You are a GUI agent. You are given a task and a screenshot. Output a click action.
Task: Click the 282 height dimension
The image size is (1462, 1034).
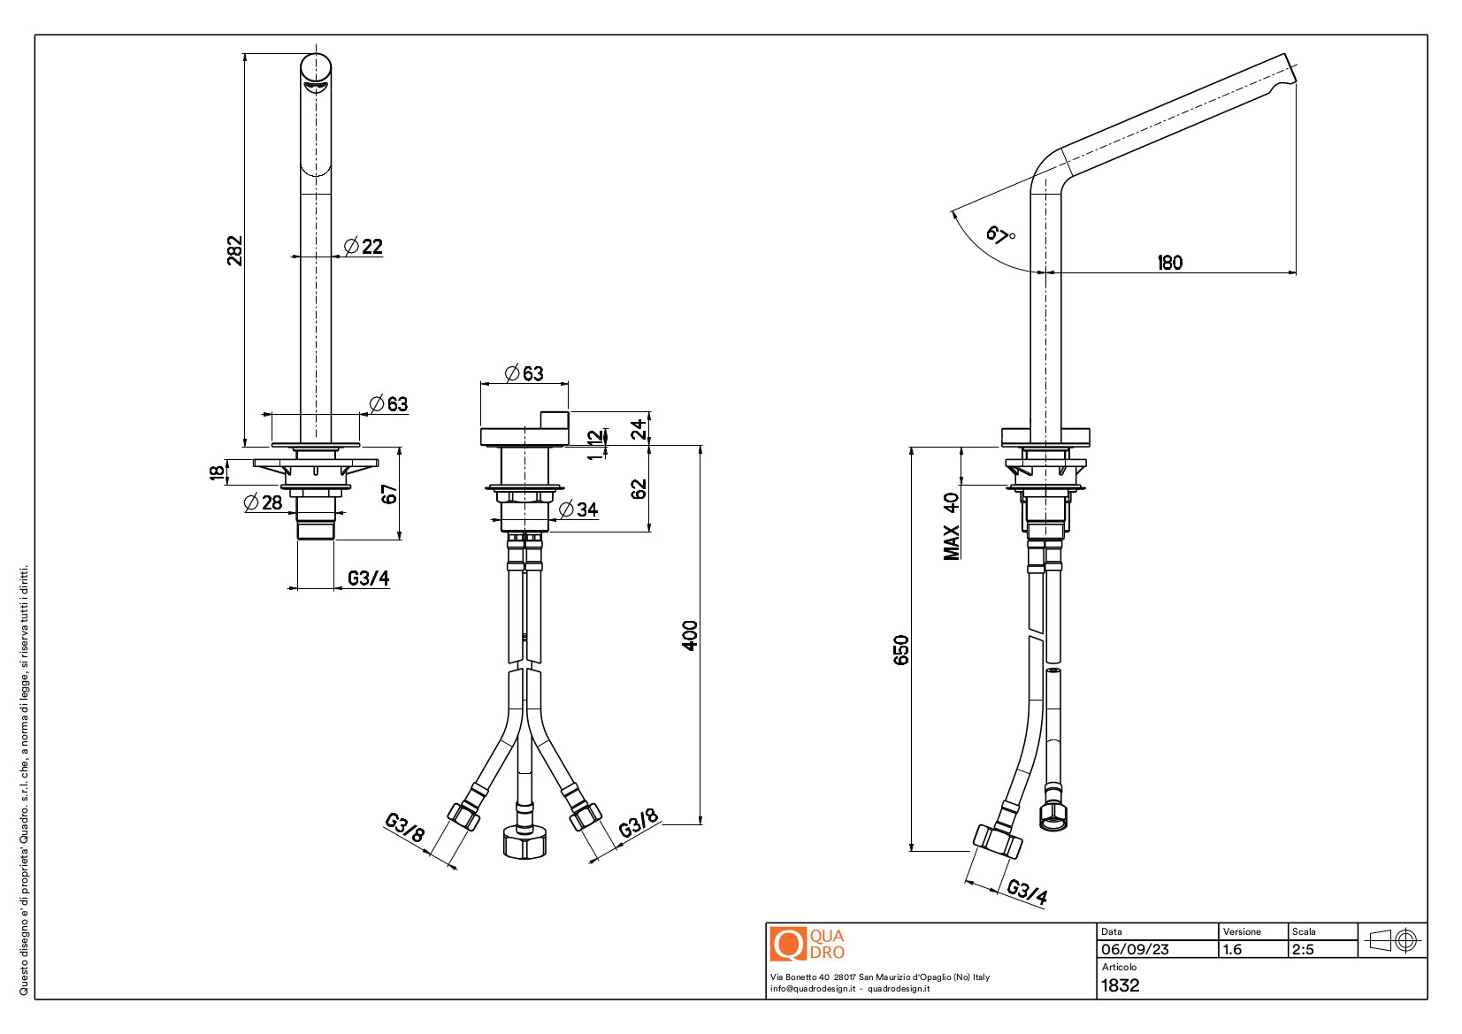click(x=234, y=250)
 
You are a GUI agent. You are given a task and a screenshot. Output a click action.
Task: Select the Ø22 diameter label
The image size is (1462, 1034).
click(x=364, y=247)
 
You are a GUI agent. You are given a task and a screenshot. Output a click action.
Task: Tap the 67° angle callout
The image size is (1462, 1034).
click(x=1000, y=235)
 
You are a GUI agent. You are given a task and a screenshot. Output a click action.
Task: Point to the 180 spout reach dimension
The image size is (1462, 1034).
click(x=1169, y=263)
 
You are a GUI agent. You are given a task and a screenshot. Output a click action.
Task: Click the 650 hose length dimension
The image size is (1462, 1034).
click(x=901, y=650)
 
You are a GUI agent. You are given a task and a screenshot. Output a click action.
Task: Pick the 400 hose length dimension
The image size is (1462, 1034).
click(x=690, y=635)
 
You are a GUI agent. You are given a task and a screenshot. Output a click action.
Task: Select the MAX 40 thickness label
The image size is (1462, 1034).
click(x=951, y=525)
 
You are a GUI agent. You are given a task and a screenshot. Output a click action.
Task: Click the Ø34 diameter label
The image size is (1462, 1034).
click(x=579, y=509)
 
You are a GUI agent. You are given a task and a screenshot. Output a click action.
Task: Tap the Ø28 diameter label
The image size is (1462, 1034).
click(x=263, y=502)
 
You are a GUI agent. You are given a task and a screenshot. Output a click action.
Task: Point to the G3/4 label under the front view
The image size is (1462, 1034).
click(x=368, y=578)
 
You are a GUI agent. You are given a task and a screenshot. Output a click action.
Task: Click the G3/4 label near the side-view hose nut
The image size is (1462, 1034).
click(x=1027, y=891)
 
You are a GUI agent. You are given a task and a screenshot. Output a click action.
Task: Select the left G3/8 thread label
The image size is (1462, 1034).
click(x=405, y=828)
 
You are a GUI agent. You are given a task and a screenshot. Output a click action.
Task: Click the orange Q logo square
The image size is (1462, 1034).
click(x=788, y=944)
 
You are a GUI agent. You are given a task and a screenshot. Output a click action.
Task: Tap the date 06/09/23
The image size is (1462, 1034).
click(x=1135, y=949)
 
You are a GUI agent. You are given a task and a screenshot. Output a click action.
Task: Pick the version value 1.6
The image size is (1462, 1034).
click(x=1232, y=949)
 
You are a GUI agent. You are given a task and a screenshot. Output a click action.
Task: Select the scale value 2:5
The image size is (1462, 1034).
click(x=1303, y=949)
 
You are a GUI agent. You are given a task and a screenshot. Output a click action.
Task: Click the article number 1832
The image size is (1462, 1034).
click(x=1120, y=985)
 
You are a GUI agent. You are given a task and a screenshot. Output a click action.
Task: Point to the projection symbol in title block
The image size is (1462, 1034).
click(x=1393, y=940)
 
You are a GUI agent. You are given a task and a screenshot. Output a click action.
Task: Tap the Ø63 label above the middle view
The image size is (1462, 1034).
click(x=524, y=373)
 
